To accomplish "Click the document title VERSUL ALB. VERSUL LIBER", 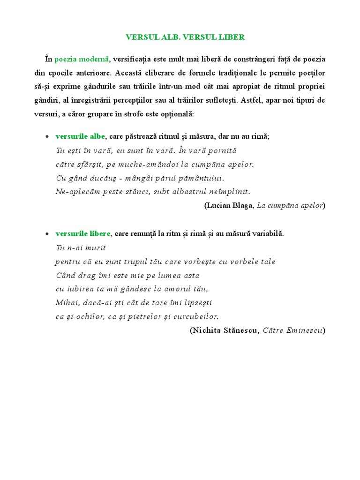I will [185, 37].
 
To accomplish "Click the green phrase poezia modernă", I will [82, 60].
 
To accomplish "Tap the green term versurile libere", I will [83, 233].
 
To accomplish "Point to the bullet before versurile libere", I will [47, 234].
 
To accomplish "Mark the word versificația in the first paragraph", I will [139, 60].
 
